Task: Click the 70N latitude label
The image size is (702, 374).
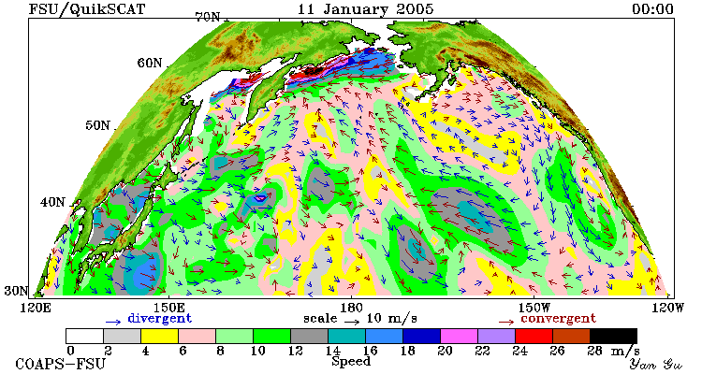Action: pos(208,18)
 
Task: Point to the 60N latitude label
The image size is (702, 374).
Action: pos(150,63)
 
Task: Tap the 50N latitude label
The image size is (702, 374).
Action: pos(97,125)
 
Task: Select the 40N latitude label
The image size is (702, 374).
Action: pos(52,202)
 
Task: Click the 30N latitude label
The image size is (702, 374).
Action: pos(17,291)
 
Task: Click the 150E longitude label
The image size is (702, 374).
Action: pos(168,309)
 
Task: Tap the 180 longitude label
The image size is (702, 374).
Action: pos(351,309)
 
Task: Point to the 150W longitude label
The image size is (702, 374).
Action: pos(534,309)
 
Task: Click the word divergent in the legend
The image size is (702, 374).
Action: pos(160,319)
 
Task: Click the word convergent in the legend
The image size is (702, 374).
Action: pos(558,319)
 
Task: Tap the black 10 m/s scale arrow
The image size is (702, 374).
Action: pos(352,322)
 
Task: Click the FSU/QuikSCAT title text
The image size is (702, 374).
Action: pos(87,9)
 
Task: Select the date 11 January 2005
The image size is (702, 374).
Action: pos(366,9)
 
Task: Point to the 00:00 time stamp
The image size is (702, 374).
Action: pos(652,9)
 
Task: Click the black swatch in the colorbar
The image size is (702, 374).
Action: pos(613,336)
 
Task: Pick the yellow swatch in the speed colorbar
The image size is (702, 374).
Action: pos(159,336)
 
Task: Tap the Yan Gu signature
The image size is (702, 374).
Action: pos(656,364)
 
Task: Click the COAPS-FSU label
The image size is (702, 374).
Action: pos(60,364)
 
